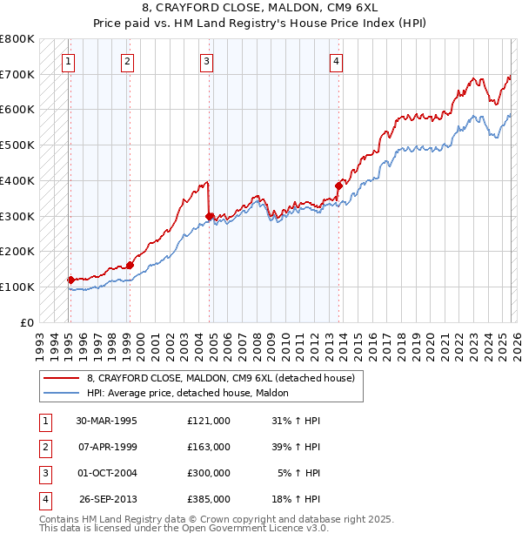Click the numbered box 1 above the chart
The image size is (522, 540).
68,61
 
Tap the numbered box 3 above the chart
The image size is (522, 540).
206,61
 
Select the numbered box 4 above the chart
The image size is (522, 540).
336,61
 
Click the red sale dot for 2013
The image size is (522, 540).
339,185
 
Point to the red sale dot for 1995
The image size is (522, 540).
71,280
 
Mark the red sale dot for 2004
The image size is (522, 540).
210,215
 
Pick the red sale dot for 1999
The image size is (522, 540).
130,265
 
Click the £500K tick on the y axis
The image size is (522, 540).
17,145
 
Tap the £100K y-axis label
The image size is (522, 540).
17,287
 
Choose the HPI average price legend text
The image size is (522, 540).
193,394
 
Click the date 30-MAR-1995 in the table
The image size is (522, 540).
107,421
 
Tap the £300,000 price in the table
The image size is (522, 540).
209,473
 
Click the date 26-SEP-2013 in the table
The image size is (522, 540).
107,499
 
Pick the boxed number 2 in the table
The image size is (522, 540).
43,447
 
